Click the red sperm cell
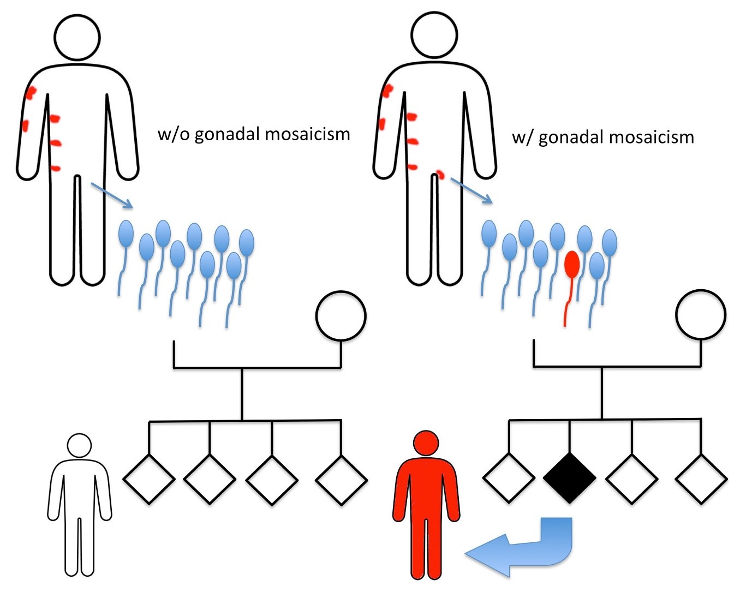(571, 265)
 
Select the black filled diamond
(570, 478)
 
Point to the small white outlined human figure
(80, 507)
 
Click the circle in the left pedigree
(341, 315)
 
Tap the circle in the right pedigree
(701, 314)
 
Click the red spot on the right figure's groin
(440, 175)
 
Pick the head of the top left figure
(77, 37)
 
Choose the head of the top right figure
(434, 34)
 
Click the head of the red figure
(426, 442)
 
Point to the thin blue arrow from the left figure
(112, 195)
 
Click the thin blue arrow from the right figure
(472, 190)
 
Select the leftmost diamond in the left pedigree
(149, 479)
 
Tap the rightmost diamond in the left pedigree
(341, 480)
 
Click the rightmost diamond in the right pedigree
(701, 479)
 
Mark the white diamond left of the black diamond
(509, 478)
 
